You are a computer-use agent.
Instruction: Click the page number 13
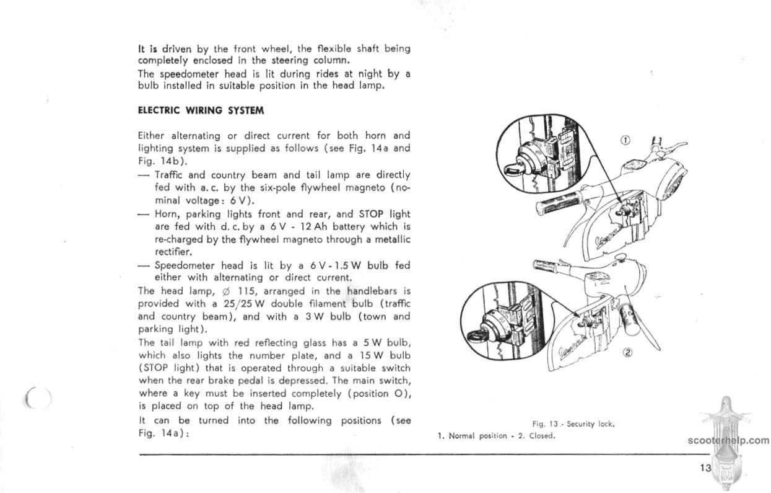pyautogui.click(x=706, y=468)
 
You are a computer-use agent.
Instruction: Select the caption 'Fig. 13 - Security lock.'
pyautogui.click(x=572, y=424)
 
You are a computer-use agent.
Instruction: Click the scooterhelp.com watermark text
pyautogui.click(x=728, y=441)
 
